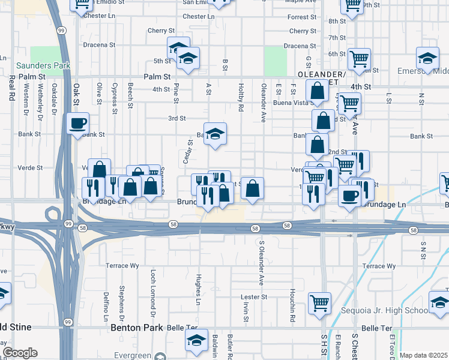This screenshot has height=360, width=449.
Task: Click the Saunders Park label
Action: [x=35, y=65]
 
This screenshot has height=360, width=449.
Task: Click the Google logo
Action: [x=19, y=353]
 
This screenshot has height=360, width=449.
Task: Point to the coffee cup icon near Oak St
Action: [x=78, y=124]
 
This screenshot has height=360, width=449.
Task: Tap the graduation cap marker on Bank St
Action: [x=215, y=134]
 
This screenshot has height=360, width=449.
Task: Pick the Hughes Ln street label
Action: [x=199, y=286]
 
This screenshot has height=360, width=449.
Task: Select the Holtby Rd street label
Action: [x=241, y=97]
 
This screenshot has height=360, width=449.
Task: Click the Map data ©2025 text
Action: [x=423, y=355]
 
